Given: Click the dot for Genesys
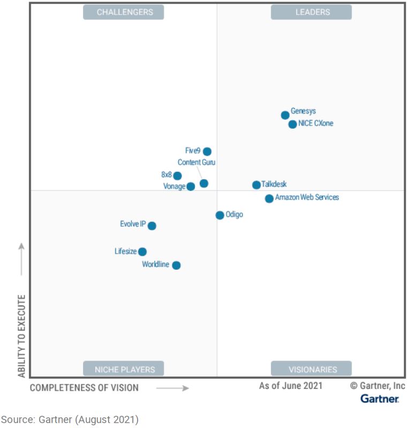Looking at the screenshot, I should pos(285,115).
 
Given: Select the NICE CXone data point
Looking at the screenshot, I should pos(292,124).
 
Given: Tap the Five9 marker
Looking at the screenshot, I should pos(207,151).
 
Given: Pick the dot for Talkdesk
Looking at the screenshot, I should pos(256,185).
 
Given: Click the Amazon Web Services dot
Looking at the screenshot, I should pos(269,198).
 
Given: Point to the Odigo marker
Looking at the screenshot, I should pos(220,215).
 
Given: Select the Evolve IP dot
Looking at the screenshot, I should pos(152,226).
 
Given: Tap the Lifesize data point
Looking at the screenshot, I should pos(142,251).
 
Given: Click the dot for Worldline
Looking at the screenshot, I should pos(176,265).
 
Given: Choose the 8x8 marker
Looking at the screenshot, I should pos(177,175).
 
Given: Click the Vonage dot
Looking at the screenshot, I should pos(191,187).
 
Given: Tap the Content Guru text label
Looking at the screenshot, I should pos(197,162).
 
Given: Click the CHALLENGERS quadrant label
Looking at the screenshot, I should pos(124,12).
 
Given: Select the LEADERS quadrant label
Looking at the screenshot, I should pos(312,12).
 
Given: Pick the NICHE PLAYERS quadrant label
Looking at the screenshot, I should pos(124,369).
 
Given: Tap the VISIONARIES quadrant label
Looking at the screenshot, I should pos(312,369).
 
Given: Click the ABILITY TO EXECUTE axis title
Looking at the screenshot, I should pos(22,335).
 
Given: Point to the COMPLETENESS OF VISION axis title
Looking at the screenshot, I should pos(84,387).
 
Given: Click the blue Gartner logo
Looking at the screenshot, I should pos(379,399).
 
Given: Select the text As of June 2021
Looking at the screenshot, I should pos(291,385).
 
